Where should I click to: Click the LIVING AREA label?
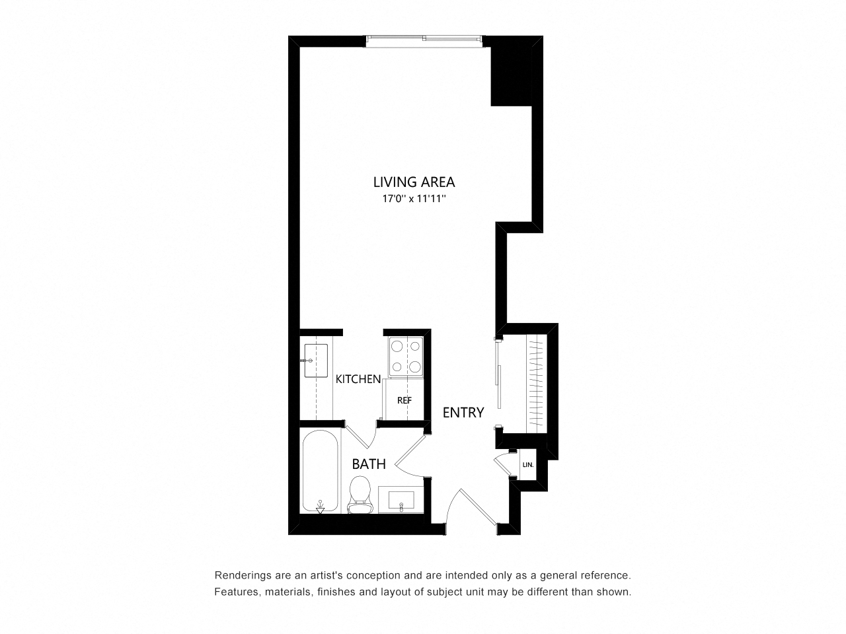(x=414, y=182)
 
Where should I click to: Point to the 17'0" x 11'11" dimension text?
(x=414, y=199)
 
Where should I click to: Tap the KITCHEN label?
(x=358, y=379)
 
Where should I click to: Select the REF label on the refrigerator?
(x=404, y=400)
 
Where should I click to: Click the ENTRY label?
(x=463, y=413)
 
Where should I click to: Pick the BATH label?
(x=368, y=464)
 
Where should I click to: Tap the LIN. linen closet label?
(x=528, y=465)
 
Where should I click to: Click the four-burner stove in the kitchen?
(x=405, y=357)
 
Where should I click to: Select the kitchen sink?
(x=316, y=361)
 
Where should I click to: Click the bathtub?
(x=320, y=471)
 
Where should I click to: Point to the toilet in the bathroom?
(x=360, y=495)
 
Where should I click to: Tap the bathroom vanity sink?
(x=401, y=500)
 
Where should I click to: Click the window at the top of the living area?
(x=424, y=41)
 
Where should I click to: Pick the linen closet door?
(x=502, y=465)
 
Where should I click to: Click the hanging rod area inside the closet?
(x=536, y=383)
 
